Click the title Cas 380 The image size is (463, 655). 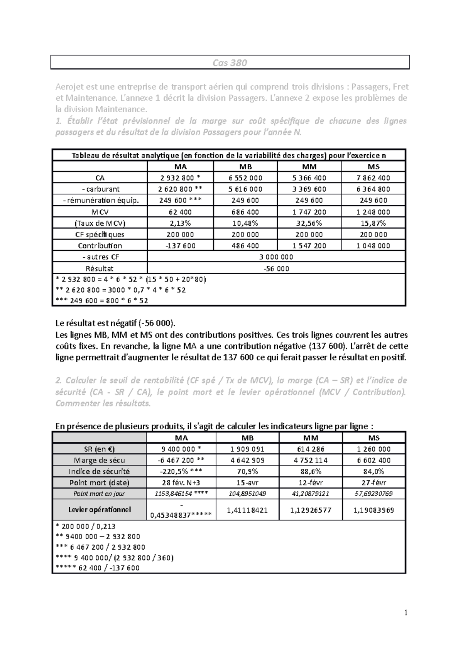coord(230,62)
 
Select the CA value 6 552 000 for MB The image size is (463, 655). coord(245,178)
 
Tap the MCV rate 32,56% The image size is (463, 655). coord(309,223)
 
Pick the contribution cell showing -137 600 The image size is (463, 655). coord(180,246)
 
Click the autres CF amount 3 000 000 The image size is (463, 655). coord(276,257)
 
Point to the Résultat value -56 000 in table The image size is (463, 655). coord(276,268)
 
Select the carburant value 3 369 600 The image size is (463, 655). coord(309,189)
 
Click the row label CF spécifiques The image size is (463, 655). coord(100,235)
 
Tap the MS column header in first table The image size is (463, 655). coord(373,167)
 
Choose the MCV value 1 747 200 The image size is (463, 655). coord(309,212)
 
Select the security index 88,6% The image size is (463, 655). coord(311,471)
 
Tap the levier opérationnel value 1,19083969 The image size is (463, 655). coord(373,510)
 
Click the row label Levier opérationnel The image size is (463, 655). coord(100,510)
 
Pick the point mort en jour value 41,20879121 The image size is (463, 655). coord(311,494)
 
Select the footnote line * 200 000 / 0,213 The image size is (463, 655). coord(86,526)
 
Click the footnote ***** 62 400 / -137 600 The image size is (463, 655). coord(98,568)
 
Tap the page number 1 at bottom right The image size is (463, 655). coord(406,613)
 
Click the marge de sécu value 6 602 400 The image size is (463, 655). coord(373,460)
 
